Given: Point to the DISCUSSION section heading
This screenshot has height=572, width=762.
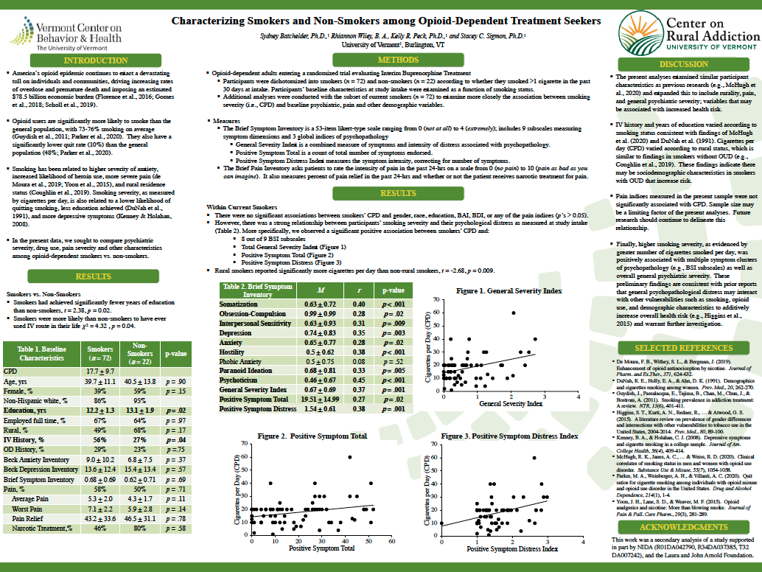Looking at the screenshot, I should (683, 64).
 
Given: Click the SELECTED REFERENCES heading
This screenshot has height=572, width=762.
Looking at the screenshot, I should (683, 347).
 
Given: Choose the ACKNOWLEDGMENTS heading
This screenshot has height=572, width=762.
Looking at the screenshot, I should (683, 528).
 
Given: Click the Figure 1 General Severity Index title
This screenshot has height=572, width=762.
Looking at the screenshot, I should (509, 291).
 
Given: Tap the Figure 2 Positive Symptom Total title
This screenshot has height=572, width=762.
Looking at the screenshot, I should (312, 436).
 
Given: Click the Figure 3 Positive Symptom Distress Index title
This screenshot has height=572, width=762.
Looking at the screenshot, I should (509, 436).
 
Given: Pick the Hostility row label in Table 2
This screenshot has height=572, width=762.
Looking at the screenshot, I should (237, 352).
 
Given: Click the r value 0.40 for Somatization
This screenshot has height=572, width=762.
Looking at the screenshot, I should (359, 304).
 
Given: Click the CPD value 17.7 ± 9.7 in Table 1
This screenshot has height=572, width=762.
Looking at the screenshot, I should (100, 372).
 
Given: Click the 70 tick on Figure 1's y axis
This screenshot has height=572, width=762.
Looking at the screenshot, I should (436, 300).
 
